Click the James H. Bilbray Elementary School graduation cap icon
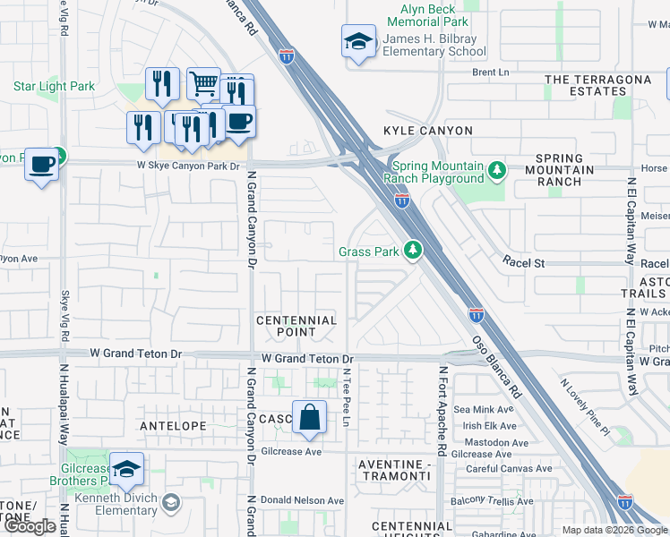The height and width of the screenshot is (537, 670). (x=359, y=42)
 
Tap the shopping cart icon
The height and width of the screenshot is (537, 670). (x=204, y=84)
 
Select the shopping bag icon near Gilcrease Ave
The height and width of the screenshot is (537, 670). (x=309, y=418)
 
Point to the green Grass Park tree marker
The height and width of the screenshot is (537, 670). (x=413, y=251)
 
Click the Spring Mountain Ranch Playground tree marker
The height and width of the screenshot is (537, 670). (x=497, y=168)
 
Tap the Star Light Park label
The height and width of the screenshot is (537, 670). (x=54, y=87)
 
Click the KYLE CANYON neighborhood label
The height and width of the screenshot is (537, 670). (x=427, y=131)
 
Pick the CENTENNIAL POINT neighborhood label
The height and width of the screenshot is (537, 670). (x=296, y=326)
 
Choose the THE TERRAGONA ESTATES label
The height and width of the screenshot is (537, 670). (x=598, y=85)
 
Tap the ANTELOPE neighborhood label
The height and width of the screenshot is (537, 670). (x=174, y=426)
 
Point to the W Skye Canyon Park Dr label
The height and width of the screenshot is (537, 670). (x=188, y=166)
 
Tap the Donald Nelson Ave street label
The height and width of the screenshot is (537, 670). (x=305, y=500)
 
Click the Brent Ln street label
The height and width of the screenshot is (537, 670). (x=490, y=72)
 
